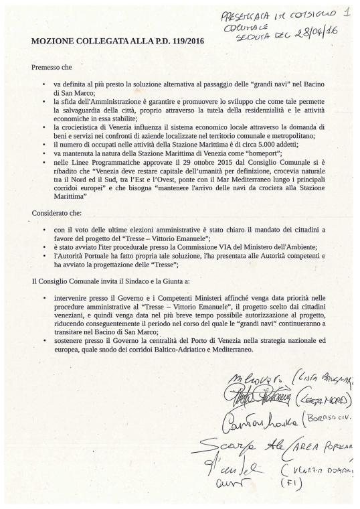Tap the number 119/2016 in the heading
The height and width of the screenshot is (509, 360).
pos(181,42)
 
